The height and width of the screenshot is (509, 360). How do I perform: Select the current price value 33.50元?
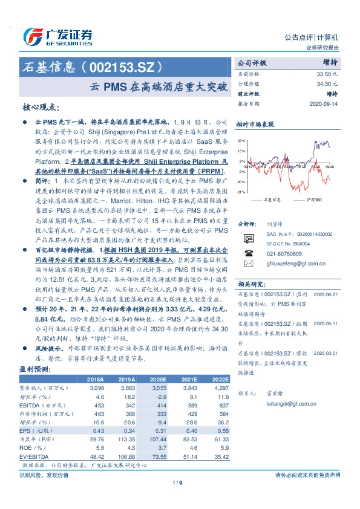pyautogui.click(x=327, y=73)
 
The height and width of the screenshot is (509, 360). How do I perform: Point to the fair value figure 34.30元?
pyautogui.click(x=327, y=83)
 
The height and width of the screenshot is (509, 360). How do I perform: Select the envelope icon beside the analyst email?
pyautogui.click(x=245, y=264)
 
